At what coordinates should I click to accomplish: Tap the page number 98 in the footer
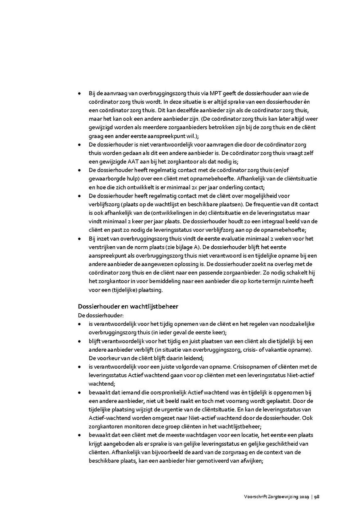tap(317, 497)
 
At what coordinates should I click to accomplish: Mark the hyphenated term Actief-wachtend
tap(109, 418)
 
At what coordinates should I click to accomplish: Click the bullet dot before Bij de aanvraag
tap(79, 93)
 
